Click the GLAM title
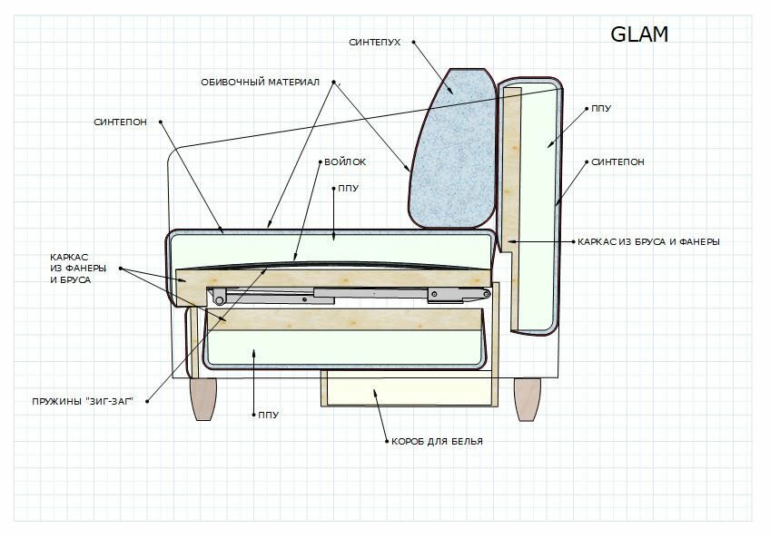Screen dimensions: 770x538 639,34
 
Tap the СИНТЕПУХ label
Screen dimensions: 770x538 376,42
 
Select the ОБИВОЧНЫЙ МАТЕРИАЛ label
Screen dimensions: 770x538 261,83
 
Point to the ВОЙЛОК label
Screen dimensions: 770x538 345,162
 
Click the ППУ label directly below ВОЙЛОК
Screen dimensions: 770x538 349,190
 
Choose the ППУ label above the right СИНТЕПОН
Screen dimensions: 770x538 600,109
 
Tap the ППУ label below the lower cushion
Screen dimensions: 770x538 268,415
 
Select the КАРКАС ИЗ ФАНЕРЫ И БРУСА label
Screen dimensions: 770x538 78,269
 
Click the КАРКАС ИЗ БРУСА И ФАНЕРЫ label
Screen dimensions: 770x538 649,242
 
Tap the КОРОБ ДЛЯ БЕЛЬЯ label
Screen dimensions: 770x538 437,442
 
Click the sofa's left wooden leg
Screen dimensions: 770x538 203,399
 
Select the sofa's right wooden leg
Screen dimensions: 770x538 528,399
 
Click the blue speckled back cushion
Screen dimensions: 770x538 451,150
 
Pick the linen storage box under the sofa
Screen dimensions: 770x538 409,388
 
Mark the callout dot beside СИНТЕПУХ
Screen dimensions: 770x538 412,42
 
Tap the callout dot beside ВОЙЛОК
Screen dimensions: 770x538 319,162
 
